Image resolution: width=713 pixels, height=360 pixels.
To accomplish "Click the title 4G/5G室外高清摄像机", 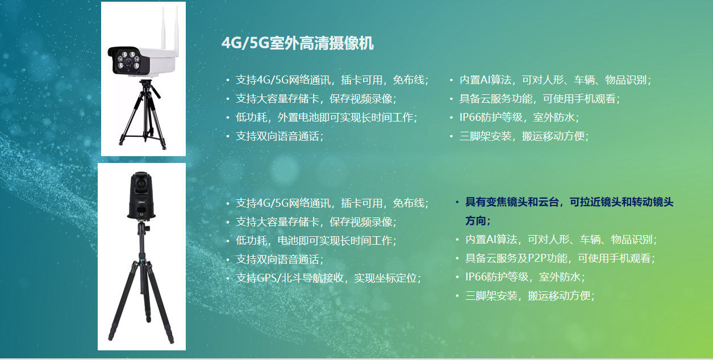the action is tap(298, 43).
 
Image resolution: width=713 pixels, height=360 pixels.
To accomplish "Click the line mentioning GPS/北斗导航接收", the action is tap(328, 278).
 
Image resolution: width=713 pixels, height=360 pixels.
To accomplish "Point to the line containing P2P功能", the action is tap(560, 258).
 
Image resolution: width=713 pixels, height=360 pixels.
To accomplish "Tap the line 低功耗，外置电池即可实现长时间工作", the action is tap(326, 118).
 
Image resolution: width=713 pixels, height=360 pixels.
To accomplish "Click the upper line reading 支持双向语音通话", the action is tap(279, 136).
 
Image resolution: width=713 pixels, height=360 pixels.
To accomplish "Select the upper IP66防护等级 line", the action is tap(519, 118).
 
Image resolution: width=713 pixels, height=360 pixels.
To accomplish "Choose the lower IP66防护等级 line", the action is tap(525, 277).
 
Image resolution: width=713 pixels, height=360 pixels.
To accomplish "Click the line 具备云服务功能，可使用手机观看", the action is tap(540, 99).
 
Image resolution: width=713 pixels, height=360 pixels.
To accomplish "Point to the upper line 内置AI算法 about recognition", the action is tap(555, 80).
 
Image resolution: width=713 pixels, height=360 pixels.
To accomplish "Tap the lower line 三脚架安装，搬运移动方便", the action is tap(529, 295).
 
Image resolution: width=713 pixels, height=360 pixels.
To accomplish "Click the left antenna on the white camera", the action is tap(164, 28).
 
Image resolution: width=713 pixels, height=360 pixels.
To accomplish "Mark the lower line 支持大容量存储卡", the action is tap(316, 221).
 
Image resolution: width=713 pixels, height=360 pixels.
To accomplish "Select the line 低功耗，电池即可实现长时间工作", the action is tap(316, 240).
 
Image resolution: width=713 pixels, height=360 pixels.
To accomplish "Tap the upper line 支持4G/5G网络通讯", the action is tap(332, 80).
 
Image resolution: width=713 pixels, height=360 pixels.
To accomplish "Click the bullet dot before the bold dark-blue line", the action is tap(457, 202).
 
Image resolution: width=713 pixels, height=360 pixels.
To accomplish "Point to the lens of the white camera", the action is tap(128, 62).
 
